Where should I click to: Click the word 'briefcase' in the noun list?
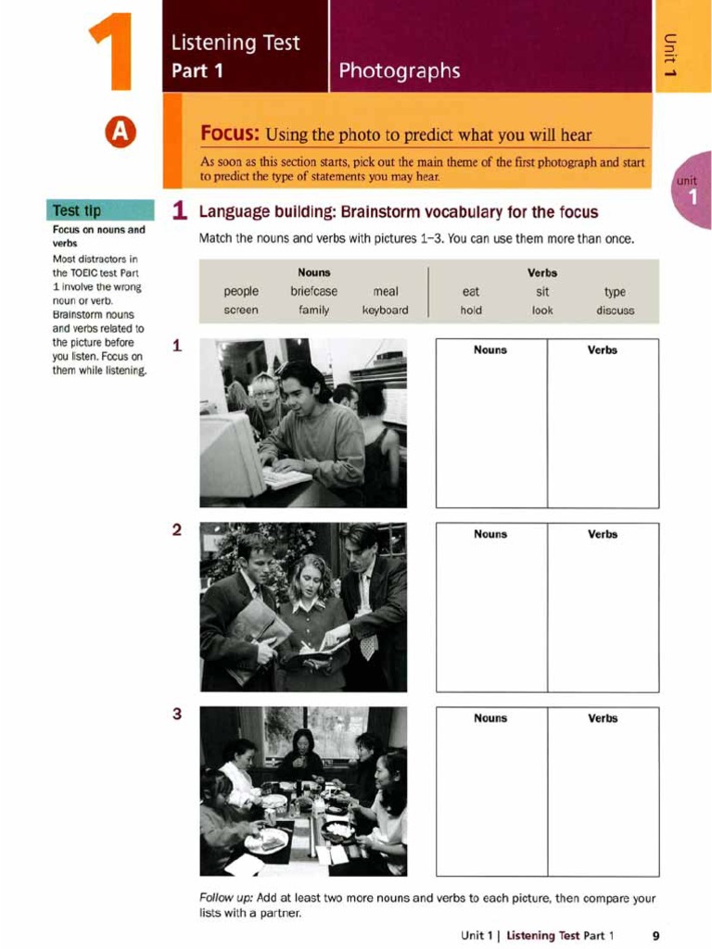pos(313,291)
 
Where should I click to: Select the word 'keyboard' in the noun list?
pos(385,310)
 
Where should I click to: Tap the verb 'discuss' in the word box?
pos(615,310)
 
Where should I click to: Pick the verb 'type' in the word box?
pos(615,291)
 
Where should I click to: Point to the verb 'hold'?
pos(471,310)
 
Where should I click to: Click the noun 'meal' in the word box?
pos(385,291)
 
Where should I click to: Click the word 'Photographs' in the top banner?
pos(399,70)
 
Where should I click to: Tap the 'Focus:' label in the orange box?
pos(231,134)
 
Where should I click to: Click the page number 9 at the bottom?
pos(655,935)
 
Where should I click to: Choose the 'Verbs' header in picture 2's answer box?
pos(603,534)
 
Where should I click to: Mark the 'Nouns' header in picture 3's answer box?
pos(490,718)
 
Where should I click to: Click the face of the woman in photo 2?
pos(309,582)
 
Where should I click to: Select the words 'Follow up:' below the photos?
pos(228,898)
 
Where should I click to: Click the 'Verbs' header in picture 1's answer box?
pos(603,350)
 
